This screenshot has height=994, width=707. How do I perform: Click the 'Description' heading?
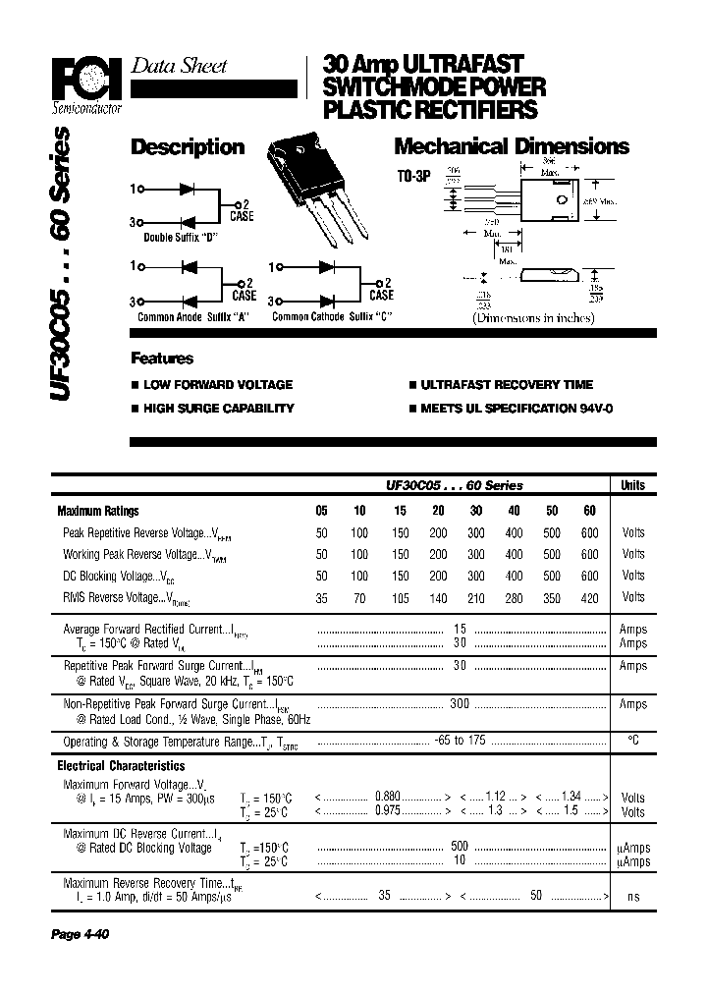[x=188, y=147]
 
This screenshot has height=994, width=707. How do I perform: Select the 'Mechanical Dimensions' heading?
[x=511, y=147]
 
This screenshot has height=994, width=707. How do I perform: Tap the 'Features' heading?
[x=162, y=359]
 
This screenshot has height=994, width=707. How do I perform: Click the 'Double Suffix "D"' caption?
[x=187, y=238]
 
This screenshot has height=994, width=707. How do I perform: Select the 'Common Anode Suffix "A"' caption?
[x=190, y=317]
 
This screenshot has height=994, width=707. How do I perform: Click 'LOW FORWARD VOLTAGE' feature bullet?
[x=217, y=385]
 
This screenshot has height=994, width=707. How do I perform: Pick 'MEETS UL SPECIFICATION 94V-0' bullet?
[x=517, y=408]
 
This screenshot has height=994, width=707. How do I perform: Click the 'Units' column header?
[x=632, y=485]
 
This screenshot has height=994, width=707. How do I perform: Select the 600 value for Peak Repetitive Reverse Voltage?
[x=589, y=532]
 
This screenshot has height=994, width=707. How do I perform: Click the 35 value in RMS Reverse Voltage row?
[x=322, y=597]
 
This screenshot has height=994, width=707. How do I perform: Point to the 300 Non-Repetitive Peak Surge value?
[x=459, y=703]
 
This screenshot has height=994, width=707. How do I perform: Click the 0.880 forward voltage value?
[x=386, y=798]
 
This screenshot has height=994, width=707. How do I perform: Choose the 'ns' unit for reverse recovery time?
[x=632, y=898]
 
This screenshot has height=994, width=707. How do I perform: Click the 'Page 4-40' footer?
[x=80, y=934]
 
